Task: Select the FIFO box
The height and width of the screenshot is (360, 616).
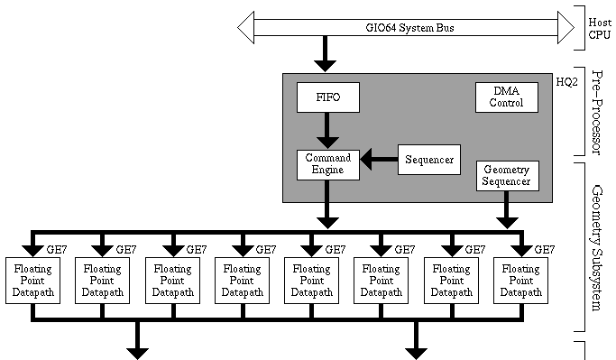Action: pos(327,97)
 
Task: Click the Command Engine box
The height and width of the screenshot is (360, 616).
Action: pos(327,163)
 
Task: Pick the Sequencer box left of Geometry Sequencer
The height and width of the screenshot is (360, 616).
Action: pos(429,160)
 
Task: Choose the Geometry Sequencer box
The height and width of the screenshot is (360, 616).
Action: pos(507,175)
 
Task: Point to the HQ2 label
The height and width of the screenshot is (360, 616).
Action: pos(565,81)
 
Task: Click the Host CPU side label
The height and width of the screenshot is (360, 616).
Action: pos(599,28)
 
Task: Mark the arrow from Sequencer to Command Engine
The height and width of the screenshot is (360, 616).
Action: pos(379,161)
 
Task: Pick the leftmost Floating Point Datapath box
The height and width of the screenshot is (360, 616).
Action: pos(32,281)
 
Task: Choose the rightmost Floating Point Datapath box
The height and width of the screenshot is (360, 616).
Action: pos(520,281)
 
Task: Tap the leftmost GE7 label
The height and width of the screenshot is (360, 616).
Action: pos(55,250)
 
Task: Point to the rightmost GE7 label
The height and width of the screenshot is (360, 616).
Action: pos(544,250)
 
